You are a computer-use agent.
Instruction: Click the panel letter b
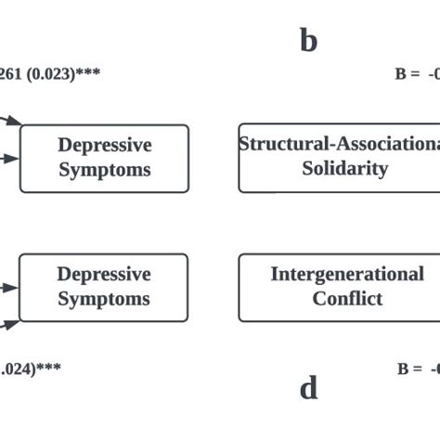tap(308, 41)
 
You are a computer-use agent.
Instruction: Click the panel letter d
tap(308, 387)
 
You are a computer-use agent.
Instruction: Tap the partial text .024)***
tap(30, 369)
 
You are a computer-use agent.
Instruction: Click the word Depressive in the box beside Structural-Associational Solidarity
tap(104, 146)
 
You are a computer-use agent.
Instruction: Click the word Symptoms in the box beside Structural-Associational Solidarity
tap(104, 171)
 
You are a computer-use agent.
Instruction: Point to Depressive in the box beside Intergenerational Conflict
tap(104, 274)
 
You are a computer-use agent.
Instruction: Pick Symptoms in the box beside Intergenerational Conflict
tap(104, 299)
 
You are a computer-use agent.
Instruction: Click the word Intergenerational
tap(345, 274)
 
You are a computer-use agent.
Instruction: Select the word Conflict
tap(346, 299)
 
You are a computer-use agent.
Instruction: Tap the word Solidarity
tap(345, 169)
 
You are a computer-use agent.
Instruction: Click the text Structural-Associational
tap(339, 144)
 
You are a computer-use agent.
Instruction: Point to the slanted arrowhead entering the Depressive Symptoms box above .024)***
tap(13, 324)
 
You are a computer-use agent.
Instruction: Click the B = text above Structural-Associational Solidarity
tap(408, 74)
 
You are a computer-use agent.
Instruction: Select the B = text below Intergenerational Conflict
tap(410, 369)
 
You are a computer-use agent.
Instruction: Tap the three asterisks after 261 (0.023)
tap(88, 73)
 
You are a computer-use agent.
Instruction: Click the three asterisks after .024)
tap(49, 369)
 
